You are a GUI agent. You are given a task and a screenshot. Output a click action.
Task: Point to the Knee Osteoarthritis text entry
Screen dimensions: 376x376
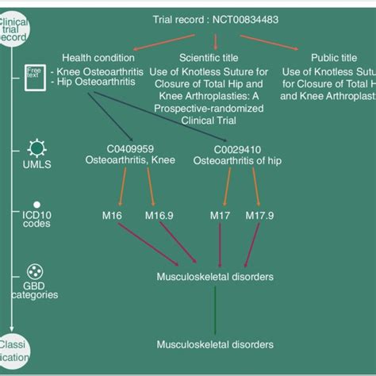pos(98,72)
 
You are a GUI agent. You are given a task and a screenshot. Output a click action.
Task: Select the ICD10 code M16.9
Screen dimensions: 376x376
pos(159,216)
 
